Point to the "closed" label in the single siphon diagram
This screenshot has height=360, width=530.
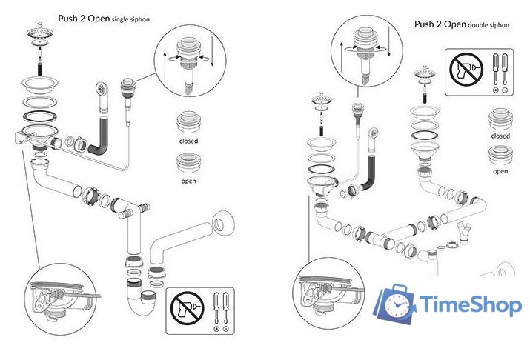tap(188, 140)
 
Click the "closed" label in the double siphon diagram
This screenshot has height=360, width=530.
tap(500, 136)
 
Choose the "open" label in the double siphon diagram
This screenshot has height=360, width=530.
tap(500, 171)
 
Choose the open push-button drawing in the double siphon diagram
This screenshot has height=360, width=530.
tap(500, 156)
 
